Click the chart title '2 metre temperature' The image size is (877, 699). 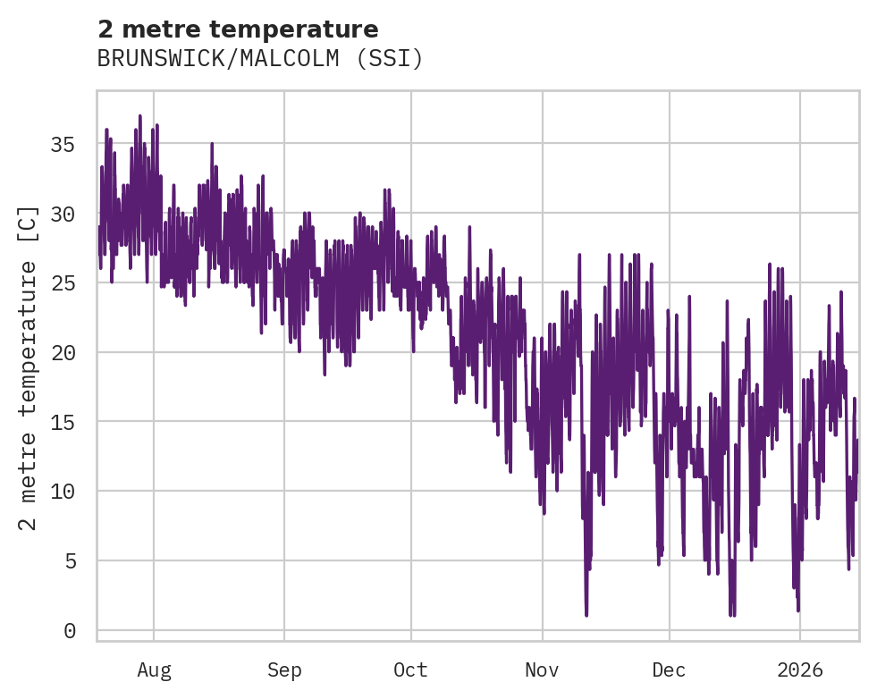click(x=238, y=29)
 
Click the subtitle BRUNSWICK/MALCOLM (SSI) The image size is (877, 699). click(x=259, y=59)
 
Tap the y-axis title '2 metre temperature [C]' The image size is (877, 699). click(x=29, y=367)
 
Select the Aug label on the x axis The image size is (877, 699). click(x=154, y=670)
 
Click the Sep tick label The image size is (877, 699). click(x=284, y=670)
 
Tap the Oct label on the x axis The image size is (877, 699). click(x=411, y=670)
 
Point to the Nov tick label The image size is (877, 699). click(x=542, y=670)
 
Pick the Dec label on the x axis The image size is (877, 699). click(x=669, y=670)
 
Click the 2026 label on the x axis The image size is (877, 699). click(x=799, y=670)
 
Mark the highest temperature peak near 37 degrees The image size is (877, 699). click(x=140, y=116)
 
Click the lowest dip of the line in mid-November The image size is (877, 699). click(x=586, y=614)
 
